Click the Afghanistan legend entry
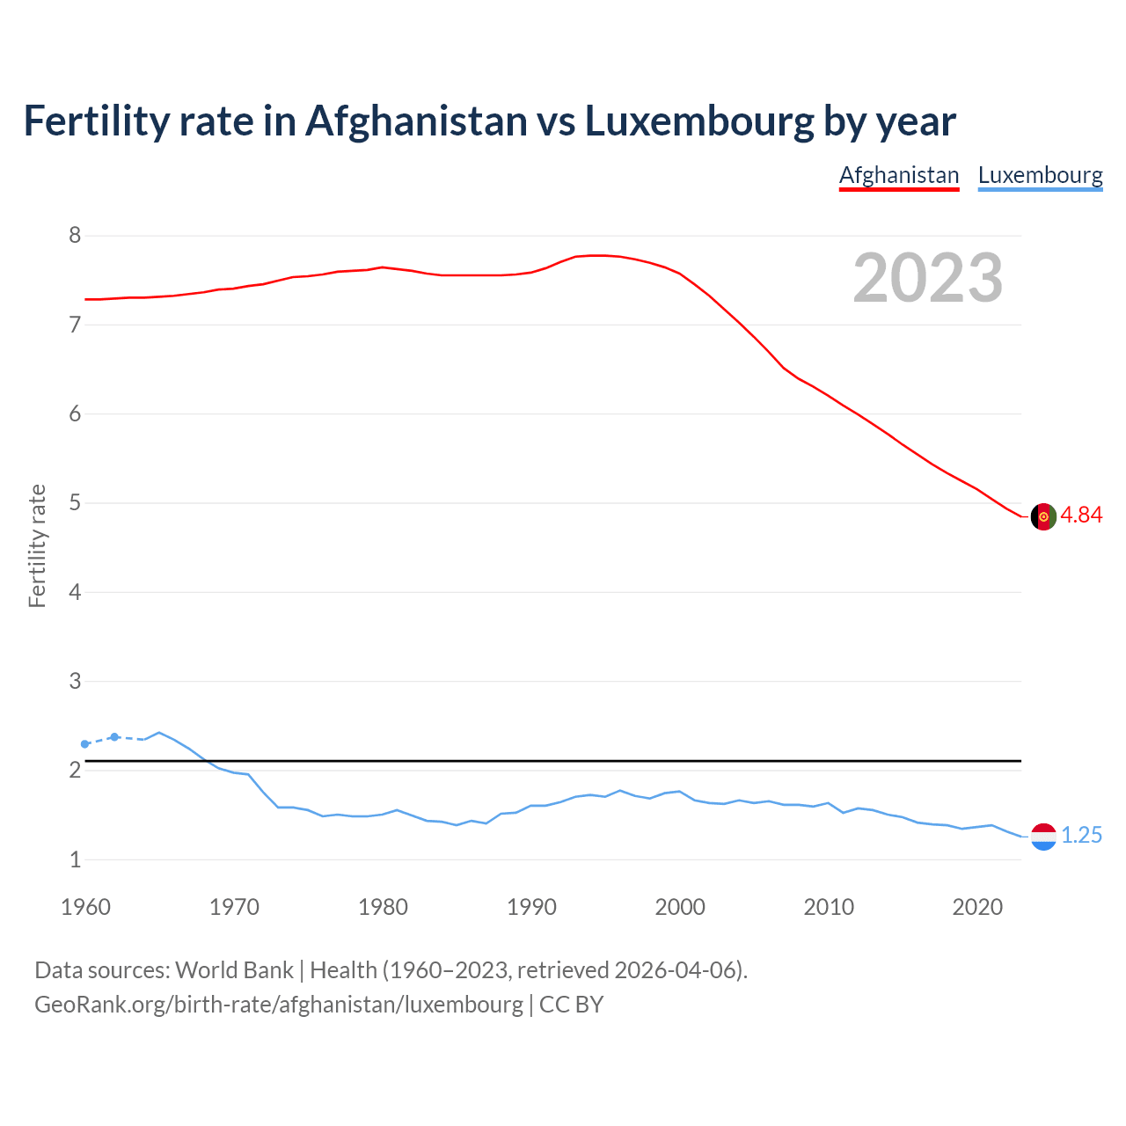[x=898, y=175]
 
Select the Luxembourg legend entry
[x=1040, y=175]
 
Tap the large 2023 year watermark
[x=928, y=278]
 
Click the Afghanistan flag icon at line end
[x=1043, y=516]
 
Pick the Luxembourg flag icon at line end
[x=1043, y=837]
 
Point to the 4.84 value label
[x=1081, y=515]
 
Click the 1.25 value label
[x=1081, y=836]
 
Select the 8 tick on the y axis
[x=75, y=236]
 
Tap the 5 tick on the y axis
[x=75, y=503]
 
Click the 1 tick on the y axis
[x=75, y=859]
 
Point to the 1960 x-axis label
[x=85, y=907]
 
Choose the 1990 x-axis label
[x=531, y=907]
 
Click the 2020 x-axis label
[x=977, y=907]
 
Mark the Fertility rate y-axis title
[x=37, y=545]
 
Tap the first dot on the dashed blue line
[x=85, y=744]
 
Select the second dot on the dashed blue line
[x=114, y=736]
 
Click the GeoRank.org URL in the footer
[x=278, y=1005]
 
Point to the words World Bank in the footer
[x=234, y=970]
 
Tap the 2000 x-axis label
[x=680, y=907]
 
